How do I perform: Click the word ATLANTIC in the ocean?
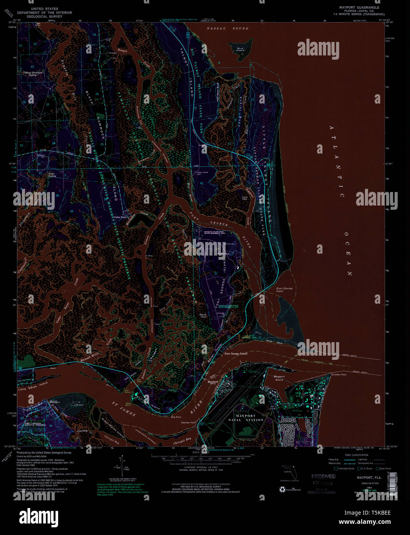click(335, 162)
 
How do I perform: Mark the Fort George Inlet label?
click(284, 290)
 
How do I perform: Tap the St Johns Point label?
click(339, 374)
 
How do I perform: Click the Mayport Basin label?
click(279, 378)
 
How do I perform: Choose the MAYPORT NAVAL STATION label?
click(249, 418)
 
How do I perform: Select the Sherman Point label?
click(189, 422)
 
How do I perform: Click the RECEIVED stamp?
click(323, 476)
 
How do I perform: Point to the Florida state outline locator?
click(289, 472)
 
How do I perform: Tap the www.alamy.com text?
click(365, 522)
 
